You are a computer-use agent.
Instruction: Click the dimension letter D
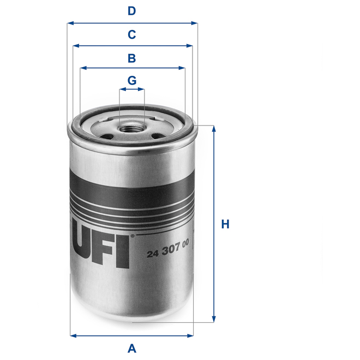(x=131, y=11)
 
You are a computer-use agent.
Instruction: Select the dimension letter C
(x=131, y=34)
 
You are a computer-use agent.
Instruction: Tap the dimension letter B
(x=131, y=57)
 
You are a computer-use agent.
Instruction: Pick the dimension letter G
(x=131, y=80)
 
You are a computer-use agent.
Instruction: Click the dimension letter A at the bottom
(x=131, y=347)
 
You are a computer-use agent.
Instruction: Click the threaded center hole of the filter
(x=131, y=130)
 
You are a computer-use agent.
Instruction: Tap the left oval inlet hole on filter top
(x=107, y=136)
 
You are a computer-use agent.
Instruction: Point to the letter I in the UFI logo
(x=123, y=251)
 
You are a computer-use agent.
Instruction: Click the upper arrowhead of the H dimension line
(x=214, y=129)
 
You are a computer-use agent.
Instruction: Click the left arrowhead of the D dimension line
(x=70, y=23)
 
